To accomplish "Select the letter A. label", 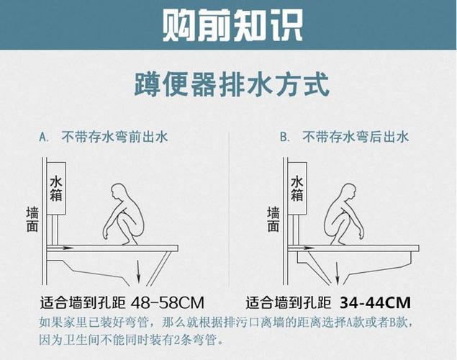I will click(44, 136).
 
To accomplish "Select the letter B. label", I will click(284, 136).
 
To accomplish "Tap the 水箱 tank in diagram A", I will click(56, 192).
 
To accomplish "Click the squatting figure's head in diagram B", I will click(349, 193).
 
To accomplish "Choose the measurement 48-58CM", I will click(168, 301).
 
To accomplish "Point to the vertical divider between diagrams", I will click(229, 209).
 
